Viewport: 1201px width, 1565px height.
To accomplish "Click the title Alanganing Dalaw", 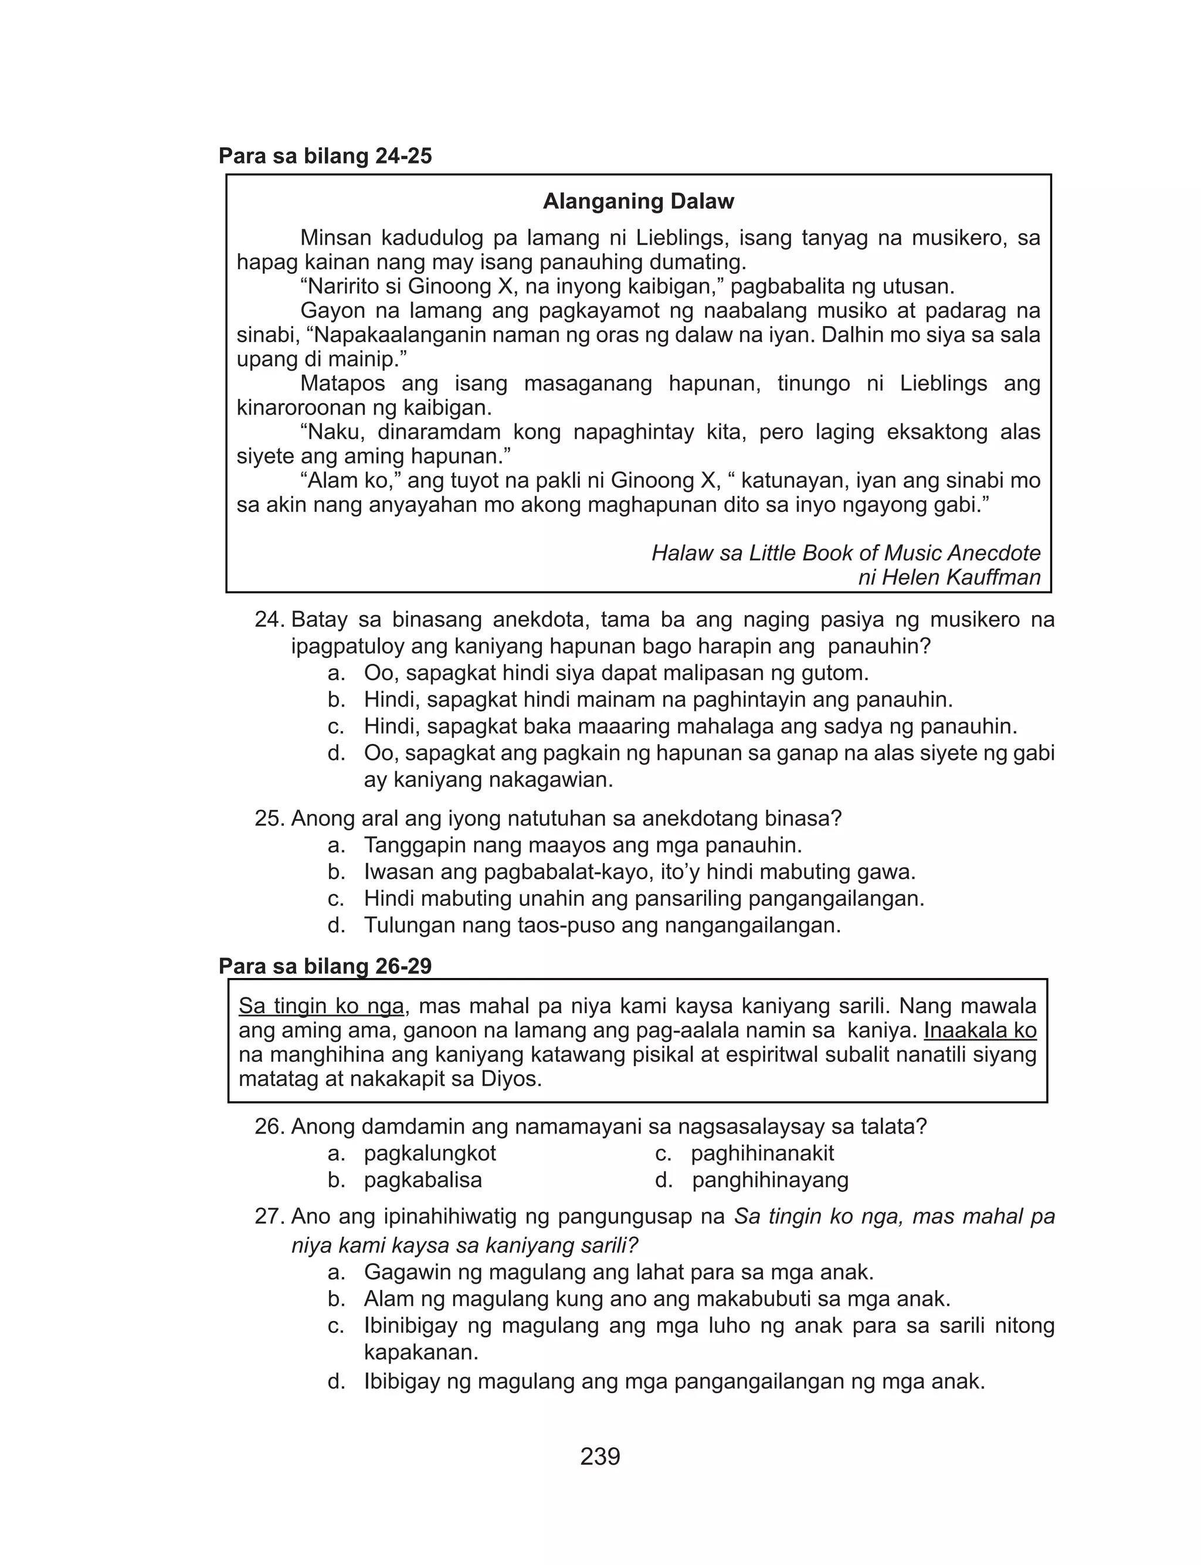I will [x=639, y=202].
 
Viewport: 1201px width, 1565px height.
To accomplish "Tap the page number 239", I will [x=600, y=1456].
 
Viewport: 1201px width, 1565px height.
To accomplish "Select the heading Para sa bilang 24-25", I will [x=325, y=156].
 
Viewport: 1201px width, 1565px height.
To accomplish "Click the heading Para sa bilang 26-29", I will [x=325, y=966].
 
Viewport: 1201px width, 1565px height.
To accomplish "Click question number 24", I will [x=270, y=620].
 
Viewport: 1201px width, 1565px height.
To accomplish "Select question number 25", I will [x=270, y=818].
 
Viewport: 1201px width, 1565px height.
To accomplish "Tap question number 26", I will [x=270, y=1127].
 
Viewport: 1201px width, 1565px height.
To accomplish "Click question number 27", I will [x=270, y=1216].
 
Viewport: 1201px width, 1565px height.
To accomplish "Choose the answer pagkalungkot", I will [x=430, y=1153].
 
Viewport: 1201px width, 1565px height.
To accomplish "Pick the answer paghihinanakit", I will [x=762, y=1153].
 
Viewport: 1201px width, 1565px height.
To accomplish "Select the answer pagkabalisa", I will [x=422, y=1180].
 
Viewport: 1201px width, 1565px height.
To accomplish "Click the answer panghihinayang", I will [x=770, y=1180].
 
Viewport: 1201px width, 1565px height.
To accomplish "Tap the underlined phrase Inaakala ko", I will [x=980, y=1030].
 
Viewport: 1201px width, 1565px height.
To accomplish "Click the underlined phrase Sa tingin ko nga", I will [x=321, y=1006].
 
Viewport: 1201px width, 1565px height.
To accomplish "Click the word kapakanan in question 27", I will [x=420, y=1353].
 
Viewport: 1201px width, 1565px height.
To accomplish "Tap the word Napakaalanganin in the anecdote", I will [x=401, y=335].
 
